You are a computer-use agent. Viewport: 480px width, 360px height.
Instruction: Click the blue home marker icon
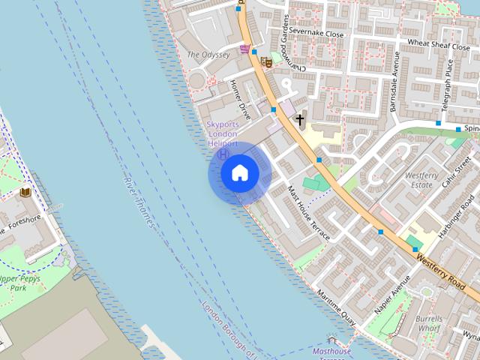(239, 173)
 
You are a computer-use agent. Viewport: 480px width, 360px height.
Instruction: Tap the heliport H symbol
(223, 154)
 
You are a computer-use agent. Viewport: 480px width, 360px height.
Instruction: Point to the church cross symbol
(300, 119)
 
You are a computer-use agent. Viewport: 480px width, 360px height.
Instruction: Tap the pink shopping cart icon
(245, 49)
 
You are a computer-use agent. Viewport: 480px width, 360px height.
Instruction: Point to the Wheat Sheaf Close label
(438, 43)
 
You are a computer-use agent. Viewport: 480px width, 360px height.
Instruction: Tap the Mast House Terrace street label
(308, 214)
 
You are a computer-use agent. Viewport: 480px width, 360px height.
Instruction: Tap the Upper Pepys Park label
(21, 283)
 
